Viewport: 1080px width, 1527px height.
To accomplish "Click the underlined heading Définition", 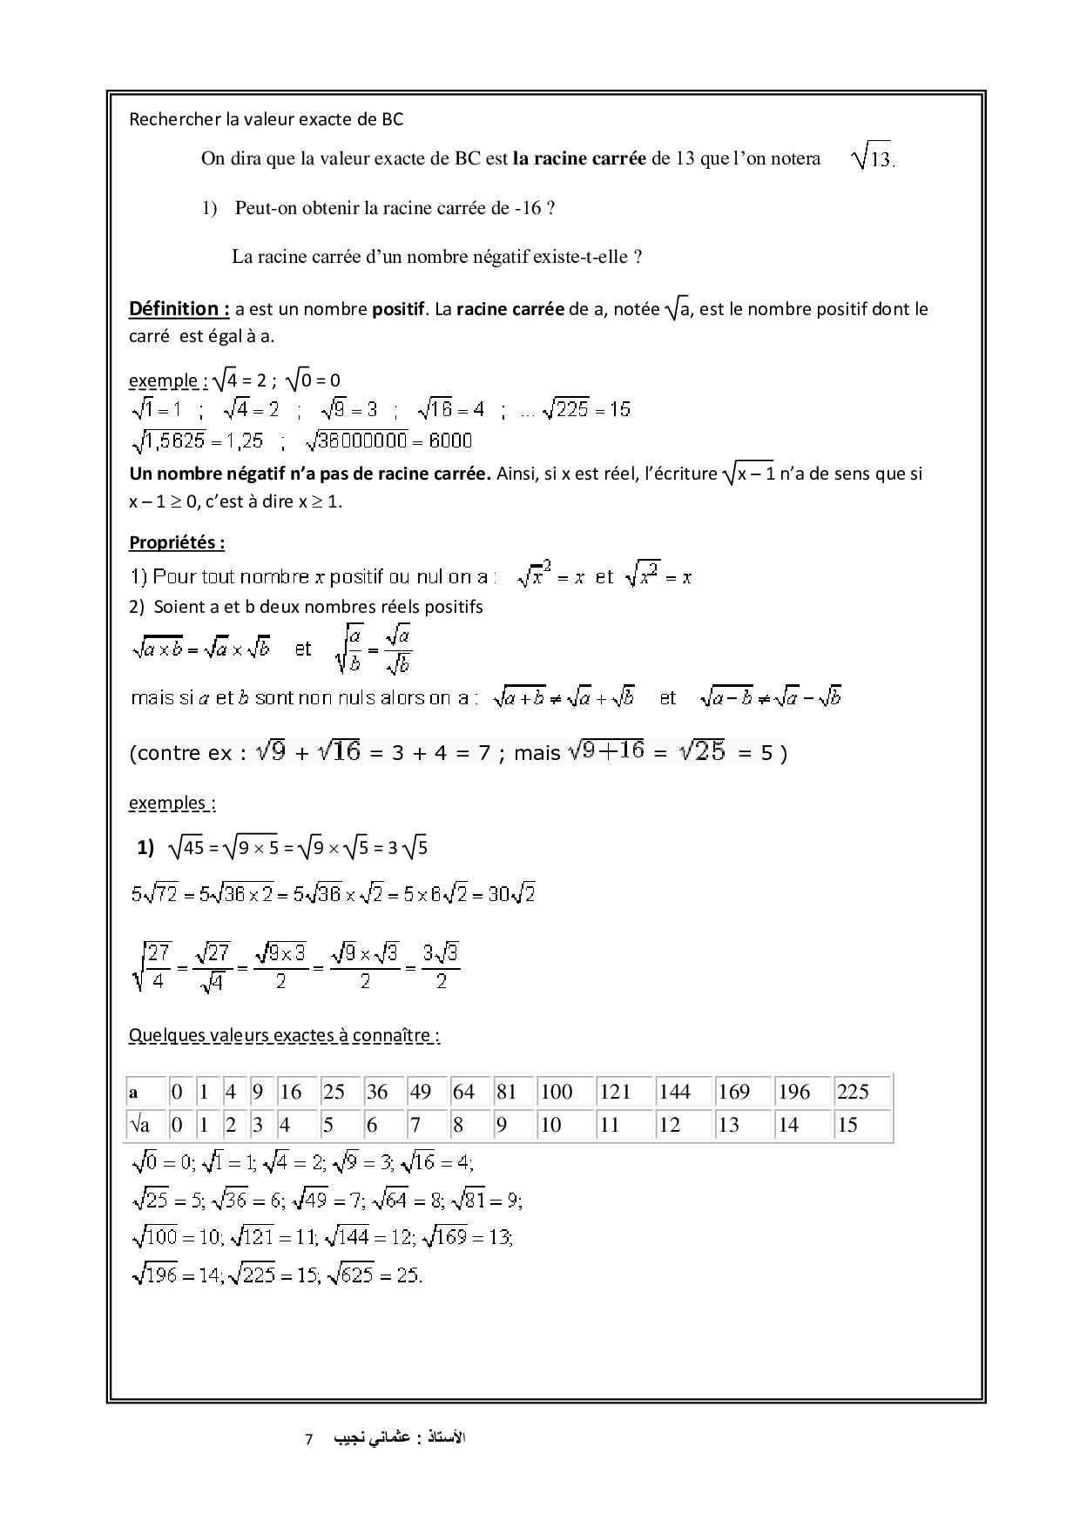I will [x=179, y=309].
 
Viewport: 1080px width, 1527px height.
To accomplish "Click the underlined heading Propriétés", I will [x=177, y=542].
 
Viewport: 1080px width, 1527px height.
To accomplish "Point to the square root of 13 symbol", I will [x=872, y=158].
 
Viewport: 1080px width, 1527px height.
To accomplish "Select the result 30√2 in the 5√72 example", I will [x=511, y=893].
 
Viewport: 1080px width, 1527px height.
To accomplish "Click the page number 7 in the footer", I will [x=308, y=1439].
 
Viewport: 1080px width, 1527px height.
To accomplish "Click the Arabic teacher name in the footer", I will [x=396, y=1438].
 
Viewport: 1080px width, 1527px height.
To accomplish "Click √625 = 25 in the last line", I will [x=375, y=1275].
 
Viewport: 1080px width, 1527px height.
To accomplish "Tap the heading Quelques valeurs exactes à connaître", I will [x=284, y=1035].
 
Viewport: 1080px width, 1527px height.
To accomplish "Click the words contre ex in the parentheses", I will [x=186, y=753].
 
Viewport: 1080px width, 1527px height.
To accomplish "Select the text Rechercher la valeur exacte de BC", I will [x=266, y=119].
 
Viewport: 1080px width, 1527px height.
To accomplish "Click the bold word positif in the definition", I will [x=398, y=309].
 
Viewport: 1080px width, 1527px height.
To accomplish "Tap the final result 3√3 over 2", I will [x=441, y=966].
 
